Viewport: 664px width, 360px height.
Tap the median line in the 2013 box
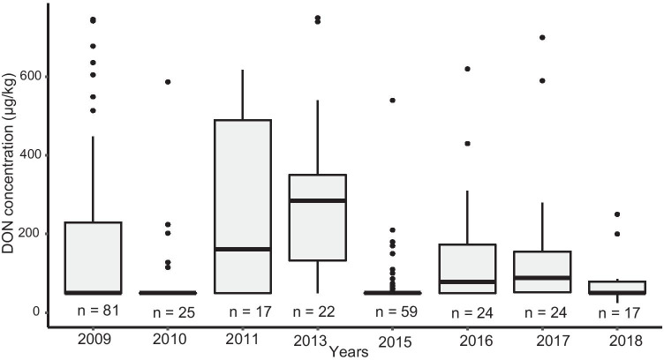319,200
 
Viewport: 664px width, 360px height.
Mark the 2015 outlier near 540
392,101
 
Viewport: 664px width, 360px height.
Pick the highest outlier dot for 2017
542,37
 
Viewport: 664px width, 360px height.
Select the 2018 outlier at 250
618,214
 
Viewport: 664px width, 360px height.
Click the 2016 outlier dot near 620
467,69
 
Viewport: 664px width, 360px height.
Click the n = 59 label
392,311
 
